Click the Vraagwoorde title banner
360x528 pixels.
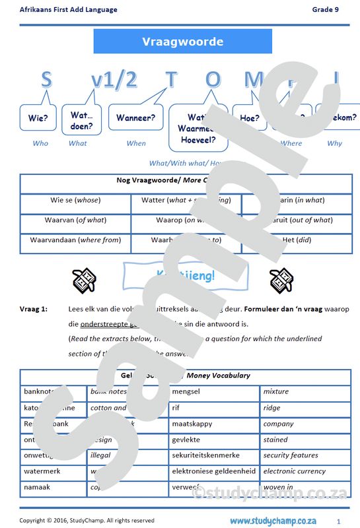point(182,42)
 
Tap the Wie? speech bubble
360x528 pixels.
point(38,119)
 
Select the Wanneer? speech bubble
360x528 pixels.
point(135,118)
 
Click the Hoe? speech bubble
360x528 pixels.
point(250,119)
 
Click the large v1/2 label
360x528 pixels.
point(114,80)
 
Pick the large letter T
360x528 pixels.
point(171,80)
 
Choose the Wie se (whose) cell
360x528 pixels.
point(75,201)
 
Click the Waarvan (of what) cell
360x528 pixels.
point(75,220)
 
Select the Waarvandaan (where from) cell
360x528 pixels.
point(75,240)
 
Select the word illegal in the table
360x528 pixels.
point(101,455)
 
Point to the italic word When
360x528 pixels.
point(136,143)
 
